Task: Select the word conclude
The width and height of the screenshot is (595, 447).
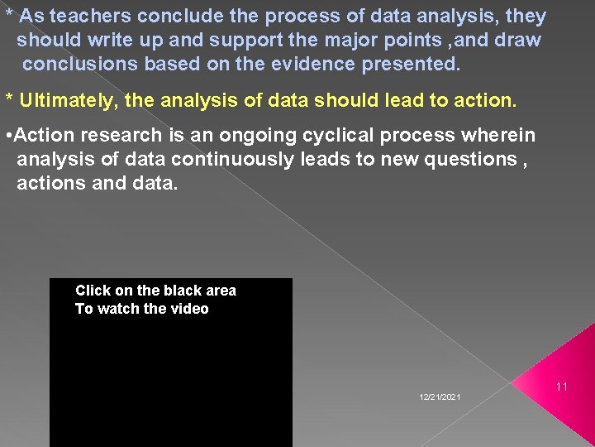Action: (174, 17)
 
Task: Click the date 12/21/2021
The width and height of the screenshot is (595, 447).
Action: (440, 398)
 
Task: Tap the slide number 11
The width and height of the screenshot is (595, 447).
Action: (562, 387)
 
